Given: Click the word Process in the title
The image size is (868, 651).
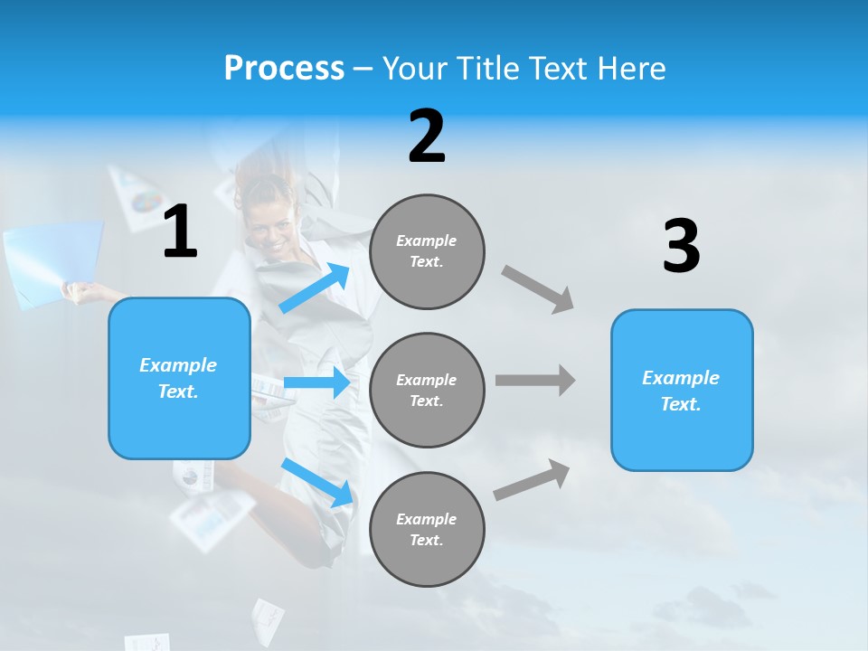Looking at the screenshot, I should [284, 69].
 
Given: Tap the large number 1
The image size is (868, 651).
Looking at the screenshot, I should [180, 232].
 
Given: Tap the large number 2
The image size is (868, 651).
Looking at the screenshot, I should [427, 137].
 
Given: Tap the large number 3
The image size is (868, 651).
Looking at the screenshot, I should [681, 247].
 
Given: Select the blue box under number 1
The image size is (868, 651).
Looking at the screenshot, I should [179, 378].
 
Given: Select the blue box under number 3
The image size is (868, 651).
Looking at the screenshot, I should [682, 391].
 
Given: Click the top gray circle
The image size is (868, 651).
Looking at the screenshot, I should [427, 251].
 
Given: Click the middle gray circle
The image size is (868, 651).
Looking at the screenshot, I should [427, 390].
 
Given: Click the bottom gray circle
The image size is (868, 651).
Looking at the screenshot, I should [427, 529].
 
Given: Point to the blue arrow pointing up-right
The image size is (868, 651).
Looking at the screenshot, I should [315, 288].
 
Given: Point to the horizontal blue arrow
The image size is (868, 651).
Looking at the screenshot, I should [317, 382].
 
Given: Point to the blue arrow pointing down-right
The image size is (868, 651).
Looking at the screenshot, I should [317, 482].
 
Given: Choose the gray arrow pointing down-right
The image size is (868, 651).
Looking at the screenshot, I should [538, 289].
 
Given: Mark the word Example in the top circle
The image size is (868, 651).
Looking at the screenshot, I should [426, 241].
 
